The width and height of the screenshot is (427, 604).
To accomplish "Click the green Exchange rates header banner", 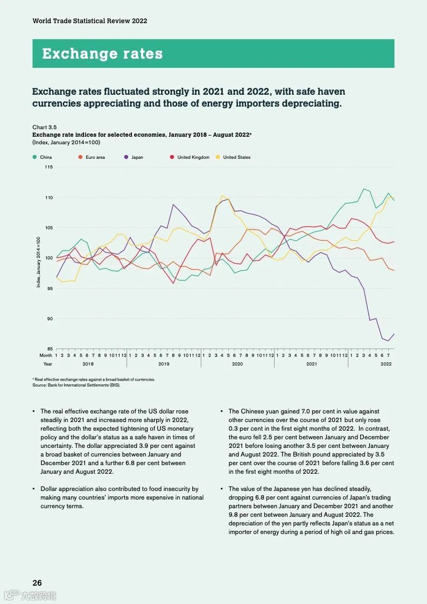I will [213, 53].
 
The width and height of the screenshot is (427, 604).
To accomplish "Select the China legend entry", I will [46, 157].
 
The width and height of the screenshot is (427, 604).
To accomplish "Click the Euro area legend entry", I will [95, 157].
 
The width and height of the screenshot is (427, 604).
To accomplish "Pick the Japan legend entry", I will [137, 157].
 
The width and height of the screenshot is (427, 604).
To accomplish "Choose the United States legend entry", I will [236, 157].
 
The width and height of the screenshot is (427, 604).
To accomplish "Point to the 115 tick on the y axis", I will [49, 167].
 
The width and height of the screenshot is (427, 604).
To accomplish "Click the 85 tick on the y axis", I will [50, 349].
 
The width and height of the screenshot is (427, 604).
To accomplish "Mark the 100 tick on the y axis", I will [49, 258].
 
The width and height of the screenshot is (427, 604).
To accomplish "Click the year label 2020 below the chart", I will [237, 364].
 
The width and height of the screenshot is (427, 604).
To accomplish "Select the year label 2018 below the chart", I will [88, 364].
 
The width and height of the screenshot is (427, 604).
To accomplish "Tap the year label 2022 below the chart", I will [386, 364].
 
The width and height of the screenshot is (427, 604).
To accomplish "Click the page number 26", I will [37, 582].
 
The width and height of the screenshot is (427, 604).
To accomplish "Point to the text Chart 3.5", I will [45, 127].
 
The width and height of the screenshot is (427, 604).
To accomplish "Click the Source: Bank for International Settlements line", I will [76, 385].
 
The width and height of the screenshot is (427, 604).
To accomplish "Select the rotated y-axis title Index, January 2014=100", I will [38, 262].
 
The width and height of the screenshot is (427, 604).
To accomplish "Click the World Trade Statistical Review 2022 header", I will [90, 21].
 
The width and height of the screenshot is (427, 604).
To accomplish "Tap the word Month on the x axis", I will [46, 355].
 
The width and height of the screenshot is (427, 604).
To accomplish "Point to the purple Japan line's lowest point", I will [388, 341].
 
